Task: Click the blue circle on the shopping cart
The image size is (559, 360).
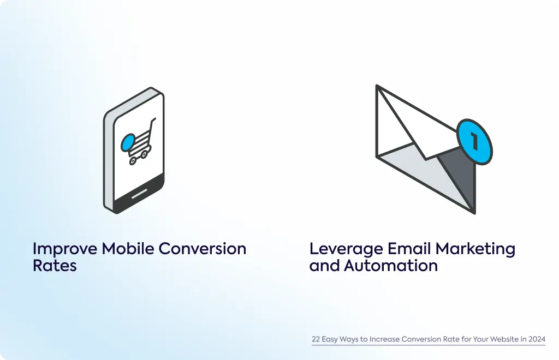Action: tap(128, 142)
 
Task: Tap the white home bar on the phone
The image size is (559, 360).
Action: tap(139, 194)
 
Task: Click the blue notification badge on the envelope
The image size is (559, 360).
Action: tap(474, 142)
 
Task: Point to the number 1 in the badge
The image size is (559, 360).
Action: tap(474, 141)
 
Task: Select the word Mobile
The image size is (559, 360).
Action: tap(128, 249)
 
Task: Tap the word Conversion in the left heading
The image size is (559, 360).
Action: tap(202, 249)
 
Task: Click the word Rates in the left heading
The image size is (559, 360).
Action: tap(55, 266)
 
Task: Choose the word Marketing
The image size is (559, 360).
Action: tap(475, 249)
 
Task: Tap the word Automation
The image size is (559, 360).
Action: tap(391, 266)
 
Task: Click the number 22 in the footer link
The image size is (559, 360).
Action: tap(316, 339)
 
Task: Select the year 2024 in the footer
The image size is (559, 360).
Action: tap(537, 339)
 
